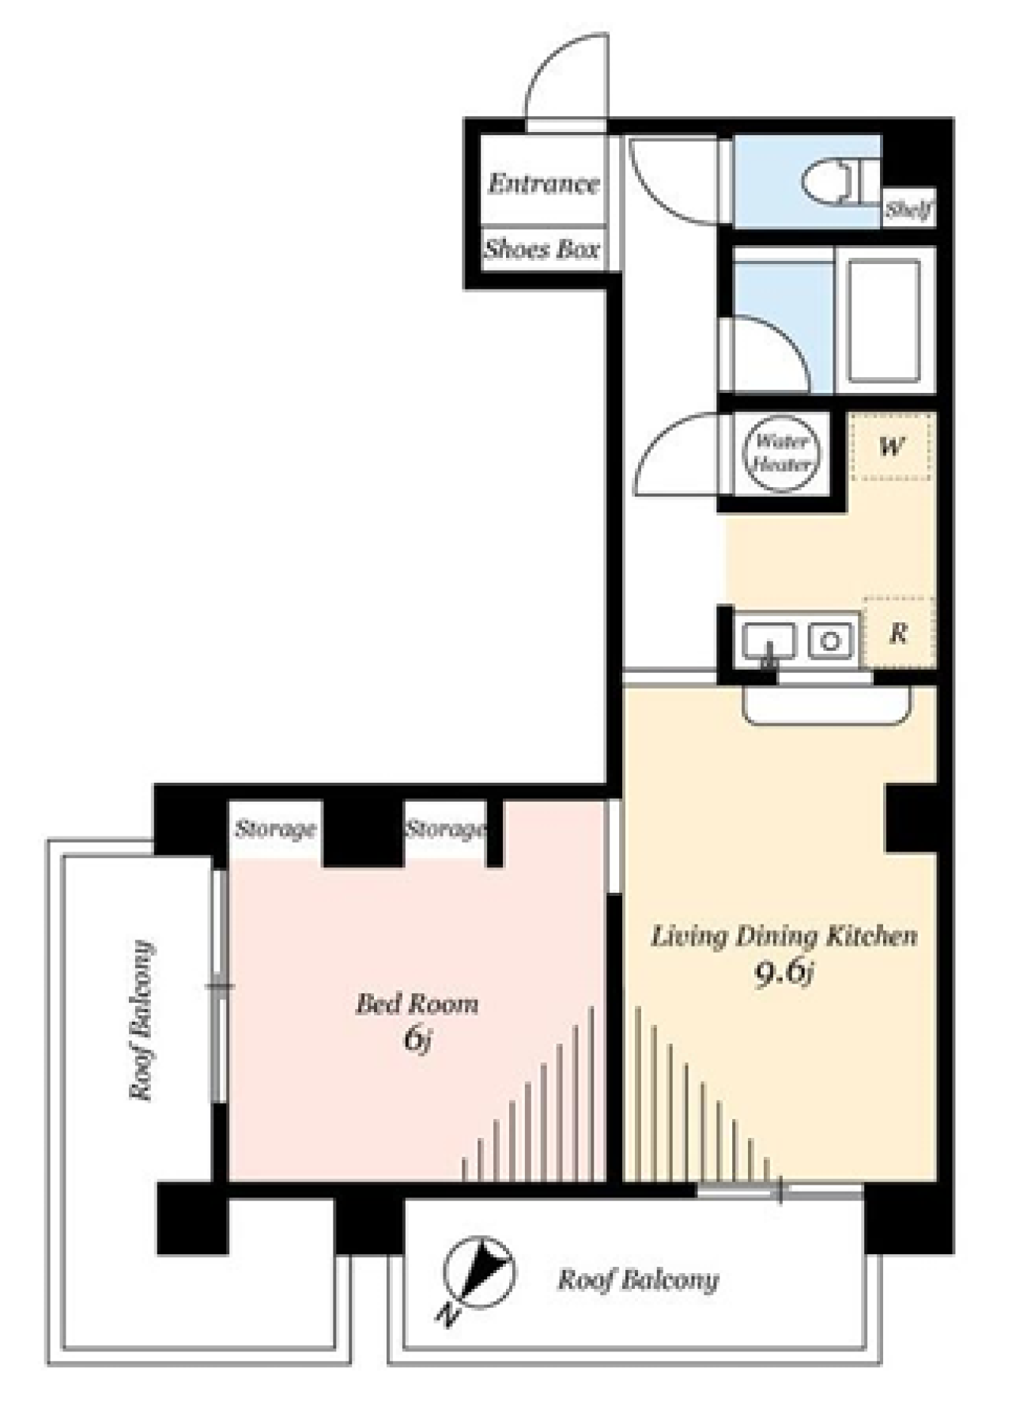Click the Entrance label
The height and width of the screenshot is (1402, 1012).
tap(543, 183)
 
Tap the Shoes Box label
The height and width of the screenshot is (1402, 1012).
tap(542, 249)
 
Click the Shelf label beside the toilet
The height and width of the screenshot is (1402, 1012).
tap(908, 209)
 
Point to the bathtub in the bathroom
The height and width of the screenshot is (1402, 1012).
tap(885, 320)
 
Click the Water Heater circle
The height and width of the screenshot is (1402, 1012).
tap(782, 453)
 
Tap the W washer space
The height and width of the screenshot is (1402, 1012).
tap(891, 446)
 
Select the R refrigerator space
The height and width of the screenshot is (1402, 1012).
tap(898, 633)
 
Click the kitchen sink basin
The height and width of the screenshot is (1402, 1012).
tap(768, 640)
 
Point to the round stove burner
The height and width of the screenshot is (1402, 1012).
tap(829, 641)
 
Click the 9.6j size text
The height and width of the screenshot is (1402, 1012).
tap(784, 973)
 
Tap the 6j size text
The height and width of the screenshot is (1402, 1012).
tap(417, 1038)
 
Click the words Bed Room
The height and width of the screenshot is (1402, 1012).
tap(417, 1004)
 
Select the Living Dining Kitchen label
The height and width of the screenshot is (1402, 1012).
tap(784, 936)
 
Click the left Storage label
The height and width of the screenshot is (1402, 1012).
tap(275, 829)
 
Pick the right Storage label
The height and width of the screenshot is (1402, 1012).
tap(444, 829)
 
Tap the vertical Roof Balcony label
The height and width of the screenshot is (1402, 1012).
tap(142, 1020)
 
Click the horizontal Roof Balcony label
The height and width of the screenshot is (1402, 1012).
tap(638, 1279)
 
